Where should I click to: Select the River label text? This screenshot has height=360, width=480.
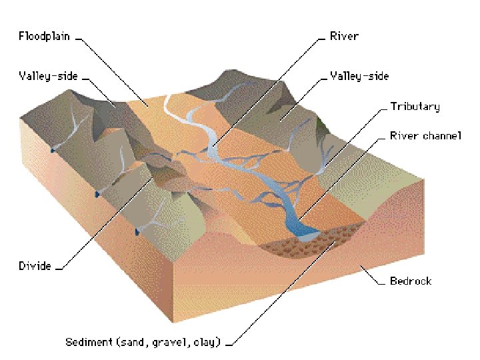point(343,36)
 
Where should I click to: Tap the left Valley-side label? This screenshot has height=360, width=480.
point(48,76)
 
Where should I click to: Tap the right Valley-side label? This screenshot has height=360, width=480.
point(359,76)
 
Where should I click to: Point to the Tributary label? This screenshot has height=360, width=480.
point(415,107)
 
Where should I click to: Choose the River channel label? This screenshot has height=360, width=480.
point(425,136)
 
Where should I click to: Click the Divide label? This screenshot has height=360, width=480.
point(35,266)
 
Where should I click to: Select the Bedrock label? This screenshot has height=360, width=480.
point(410,281)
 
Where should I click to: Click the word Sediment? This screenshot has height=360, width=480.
point(89,343)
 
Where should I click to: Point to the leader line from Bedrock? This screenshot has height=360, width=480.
point(370,273)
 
